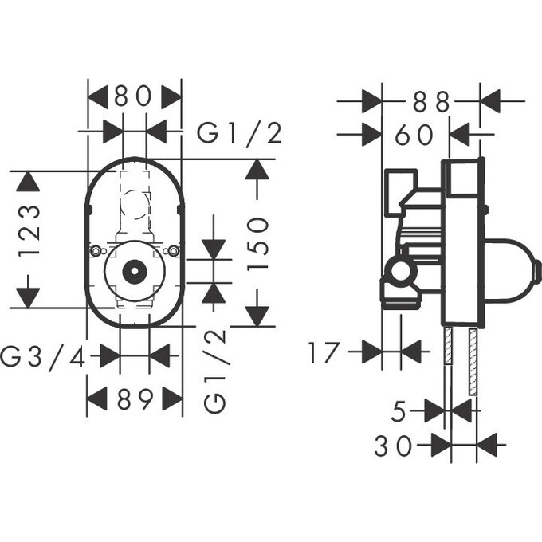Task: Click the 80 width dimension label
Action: coord(133,97)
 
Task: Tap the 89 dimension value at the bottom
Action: coord(134,399)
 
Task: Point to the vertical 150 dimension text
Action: coord(257,244)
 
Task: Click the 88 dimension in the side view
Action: coord(431,101)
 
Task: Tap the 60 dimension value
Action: coord(414,135)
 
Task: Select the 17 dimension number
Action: coord(324,352)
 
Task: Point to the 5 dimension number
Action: coord(400,411)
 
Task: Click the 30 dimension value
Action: coord(394,446)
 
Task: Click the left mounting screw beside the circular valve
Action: coord(96,252)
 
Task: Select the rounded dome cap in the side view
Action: coord(514,270)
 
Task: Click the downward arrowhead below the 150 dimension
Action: coord(256,315)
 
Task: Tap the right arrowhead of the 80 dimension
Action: coord(171,97)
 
